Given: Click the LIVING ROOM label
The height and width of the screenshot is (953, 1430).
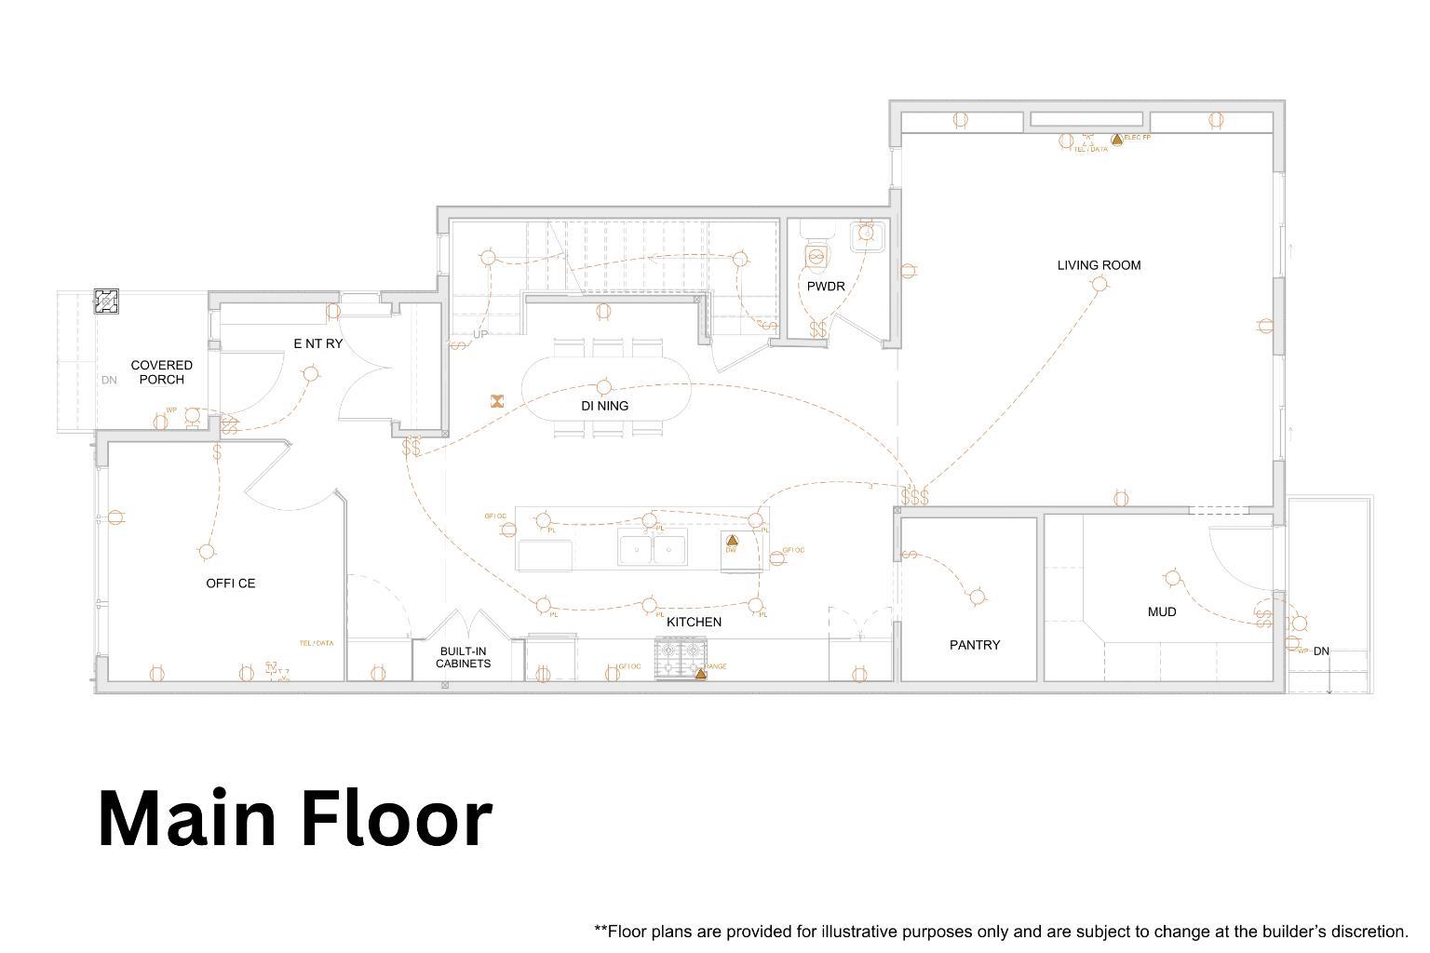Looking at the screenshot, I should [x=1099, y=265].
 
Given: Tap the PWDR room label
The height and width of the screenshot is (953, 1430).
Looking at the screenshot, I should [x=826, y=287].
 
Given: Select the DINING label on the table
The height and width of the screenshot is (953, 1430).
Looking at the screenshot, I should [x=604, y=406].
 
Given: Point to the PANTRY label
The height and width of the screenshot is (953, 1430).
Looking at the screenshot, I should [x=975, y=645].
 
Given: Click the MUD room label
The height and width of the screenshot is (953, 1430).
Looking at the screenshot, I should [x=1162, y=612].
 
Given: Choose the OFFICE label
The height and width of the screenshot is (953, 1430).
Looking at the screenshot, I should [x=230, y=584].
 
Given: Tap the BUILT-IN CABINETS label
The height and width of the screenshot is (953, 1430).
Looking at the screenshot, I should [x=463, y=658].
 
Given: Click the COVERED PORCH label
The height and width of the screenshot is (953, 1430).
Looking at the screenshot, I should [x=162, y=372].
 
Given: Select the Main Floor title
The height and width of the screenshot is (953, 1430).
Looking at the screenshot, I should [x=294, y=818].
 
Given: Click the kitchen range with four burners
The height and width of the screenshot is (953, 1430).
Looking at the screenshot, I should [x=680, y=657].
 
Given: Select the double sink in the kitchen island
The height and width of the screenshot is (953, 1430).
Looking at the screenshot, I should [x=653, y=549].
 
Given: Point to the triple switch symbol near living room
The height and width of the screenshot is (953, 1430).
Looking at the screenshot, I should [x=915, y=497].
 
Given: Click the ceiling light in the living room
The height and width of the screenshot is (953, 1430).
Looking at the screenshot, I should [x=1099, y=285].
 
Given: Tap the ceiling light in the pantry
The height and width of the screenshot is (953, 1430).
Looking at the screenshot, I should [x=977, y=597].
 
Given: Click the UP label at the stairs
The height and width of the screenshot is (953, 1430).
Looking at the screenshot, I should [x=480, y=334].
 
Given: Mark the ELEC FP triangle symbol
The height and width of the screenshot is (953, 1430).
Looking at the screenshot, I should [x=1116, y=139].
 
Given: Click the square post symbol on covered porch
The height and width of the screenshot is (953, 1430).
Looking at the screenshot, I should [x=107, y=302].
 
